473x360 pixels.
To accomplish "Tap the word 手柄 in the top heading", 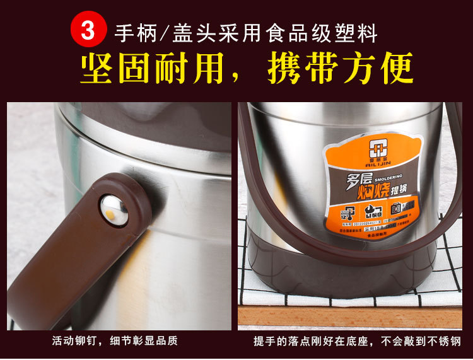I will tap(129, 32).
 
